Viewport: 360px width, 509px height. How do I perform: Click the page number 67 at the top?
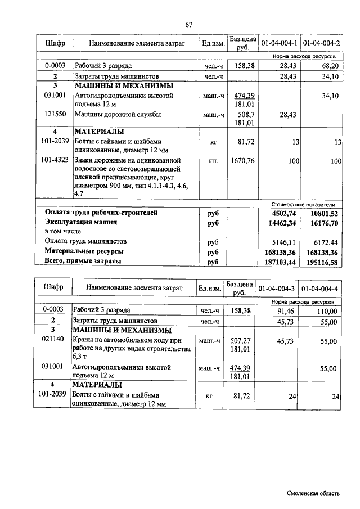[x=188, y=24]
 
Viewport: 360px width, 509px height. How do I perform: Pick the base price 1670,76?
[x=243, y=161]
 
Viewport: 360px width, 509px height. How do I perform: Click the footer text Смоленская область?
[x=312, y=493]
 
